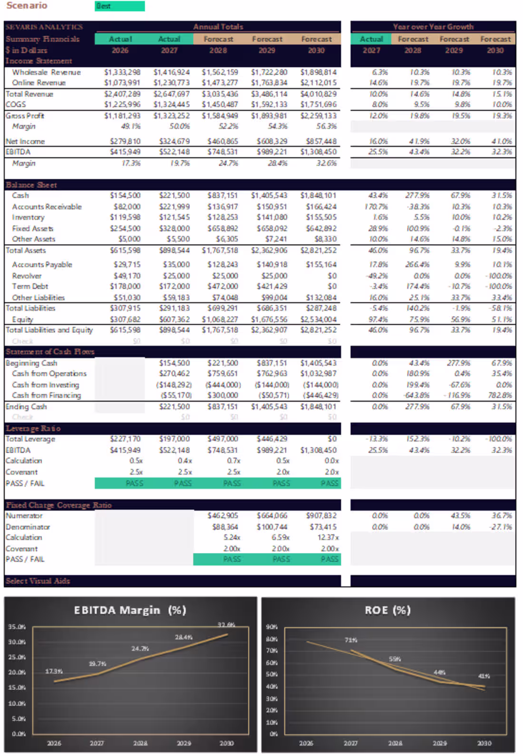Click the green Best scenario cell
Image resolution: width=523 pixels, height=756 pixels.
click(119, 6)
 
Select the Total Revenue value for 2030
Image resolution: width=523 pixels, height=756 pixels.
click(318, 94)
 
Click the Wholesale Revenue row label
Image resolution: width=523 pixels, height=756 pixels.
click(46, 72)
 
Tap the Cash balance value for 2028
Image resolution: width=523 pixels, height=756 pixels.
click(222, 195)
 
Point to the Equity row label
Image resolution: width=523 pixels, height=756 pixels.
click(22, 320)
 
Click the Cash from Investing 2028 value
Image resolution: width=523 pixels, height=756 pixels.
click(223, 385)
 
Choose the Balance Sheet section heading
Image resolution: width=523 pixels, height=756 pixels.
click(31, 185)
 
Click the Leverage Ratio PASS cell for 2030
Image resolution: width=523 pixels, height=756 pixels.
click(329, 483)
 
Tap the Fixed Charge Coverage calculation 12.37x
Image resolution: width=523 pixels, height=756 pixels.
click(328, 537)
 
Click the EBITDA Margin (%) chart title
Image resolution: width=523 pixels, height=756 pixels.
click(130, 610)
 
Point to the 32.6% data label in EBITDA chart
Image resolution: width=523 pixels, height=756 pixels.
click(226, 624)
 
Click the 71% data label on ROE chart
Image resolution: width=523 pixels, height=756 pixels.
click(351, 640)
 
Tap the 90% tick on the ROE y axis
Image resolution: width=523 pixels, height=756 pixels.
click(271, 627)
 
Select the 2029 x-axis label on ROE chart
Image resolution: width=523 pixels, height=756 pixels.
click(439, 743)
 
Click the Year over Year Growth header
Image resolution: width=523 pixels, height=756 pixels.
click(433, 27)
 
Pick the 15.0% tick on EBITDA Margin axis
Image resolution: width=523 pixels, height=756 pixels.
click(17, 688)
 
